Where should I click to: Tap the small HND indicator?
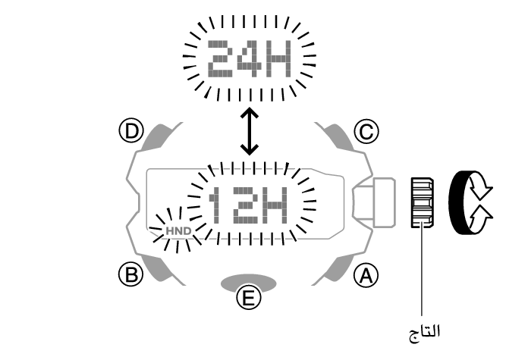click(x=180, y=228)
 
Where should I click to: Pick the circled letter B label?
click(x=134, y=274)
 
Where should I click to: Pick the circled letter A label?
click(x=366, y=274)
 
